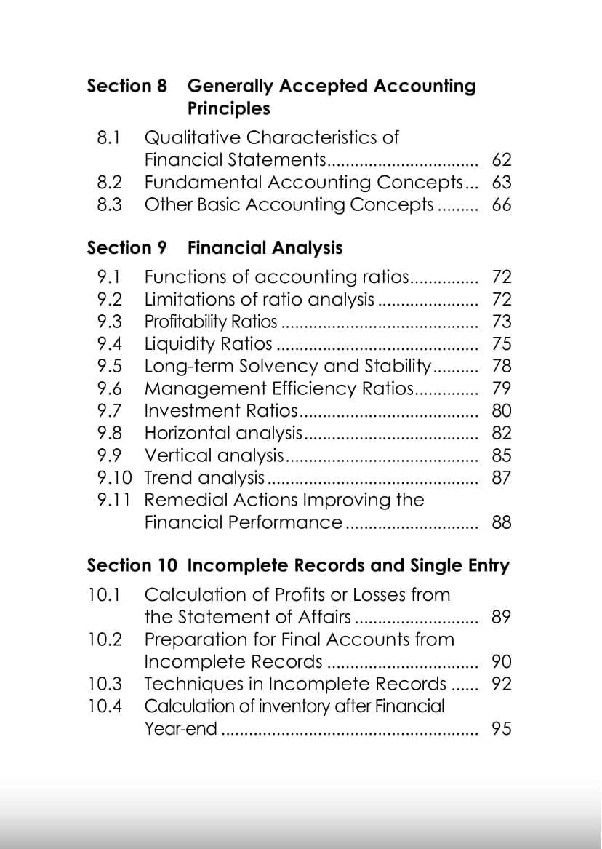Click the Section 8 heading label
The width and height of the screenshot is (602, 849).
[x=127, y=86]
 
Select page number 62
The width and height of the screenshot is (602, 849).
[x=502, y=160]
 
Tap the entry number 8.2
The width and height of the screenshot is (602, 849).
[x=109, y=182]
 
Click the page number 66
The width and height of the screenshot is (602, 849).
[x=502, y=204]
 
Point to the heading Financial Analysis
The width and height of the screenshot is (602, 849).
[x=265, y=247]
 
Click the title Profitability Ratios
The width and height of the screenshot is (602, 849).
[x=211, y=322]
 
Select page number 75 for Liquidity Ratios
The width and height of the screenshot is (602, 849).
[x=502, y=343]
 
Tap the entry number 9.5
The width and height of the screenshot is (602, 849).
[x=109, y=366]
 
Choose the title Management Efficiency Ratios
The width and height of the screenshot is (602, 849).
[x=278, y=388]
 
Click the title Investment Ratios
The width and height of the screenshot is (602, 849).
[x=221, y=411]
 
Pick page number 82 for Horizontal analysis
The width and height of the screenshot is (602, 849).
[x=502, y=433]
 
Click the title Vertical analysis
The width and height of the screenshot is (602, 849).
[x=214, y=455]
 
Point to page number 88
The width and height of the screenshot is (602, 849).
[x=502, y=522]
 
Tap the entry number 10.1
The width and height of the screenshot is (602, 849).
[x=103, y=594]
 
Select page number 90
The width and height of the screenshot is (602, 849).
[x=502, y=661]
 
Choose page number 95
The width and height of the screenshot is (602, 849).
[x=502, y=728]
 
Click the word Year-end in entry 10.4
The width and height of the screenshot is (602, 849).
[x=180, y=728]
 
